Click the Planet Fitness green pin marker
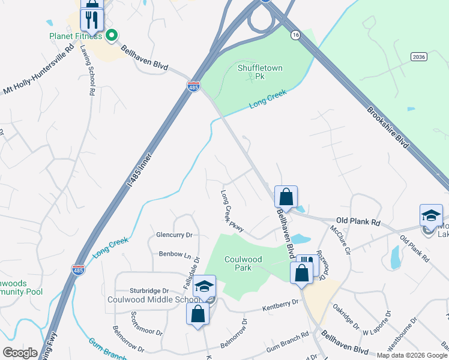pyautogui.click(x=111, y=36)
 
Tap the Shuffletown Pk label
pyautogui.click(x=260, y=72)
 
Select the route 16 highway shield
pyautogui.click(x=295, y=36)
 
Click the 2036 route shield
pyautogui.click(x=419, y=56)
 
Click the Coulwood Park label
pyautogui.click(x=246, y=263)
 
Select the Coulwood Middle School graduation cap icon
pyautogui.click(x=205, y=286)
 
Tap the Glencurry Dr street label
pyautogui.click(x=174, y=235)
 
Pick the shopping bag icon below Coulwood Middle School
pyautogui.click(x=197, y=314)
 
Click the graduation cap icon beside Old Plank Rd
pyautogui.click(x=431, y=215)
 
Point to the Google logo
pyautogui.click(x=20, y=353)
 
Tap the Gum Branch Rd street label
pyautogui.click(x=287, y=334)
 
